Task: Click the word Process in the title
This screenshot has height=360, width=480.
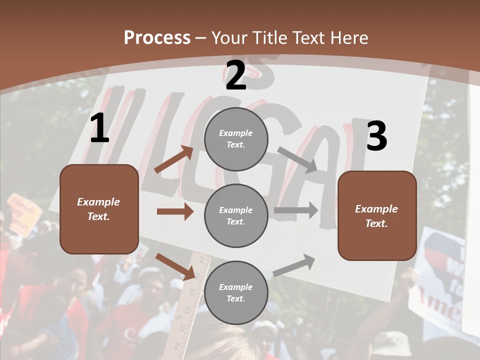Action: click(x=157, y=37)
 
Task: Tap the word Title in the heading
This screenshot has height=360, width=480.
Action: click(x=270, y=37)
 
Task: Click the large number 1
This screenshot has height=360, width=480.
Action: click(x=99, y=129)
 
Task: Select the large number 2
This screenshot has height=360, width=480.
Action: click(x=235, y=75)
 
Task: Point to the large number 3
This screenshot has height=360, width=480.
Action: click(x=376, y=136)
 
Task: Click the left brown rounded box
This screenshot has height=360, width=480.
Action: click(x=99, y=209)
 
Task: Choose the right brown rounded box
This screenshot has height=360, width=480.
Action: click(x=377, y=215)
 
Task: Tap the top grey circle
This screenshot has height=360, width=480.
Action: click(x=236, y=139)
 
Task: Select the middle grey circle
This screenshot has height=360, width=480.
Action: click(x=236, y=215)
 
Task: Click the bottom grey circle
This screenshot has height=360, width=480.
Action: click(x=236, y=292)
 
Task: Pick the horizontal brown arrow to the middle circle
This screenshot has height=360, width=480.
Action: click(x=175, y=211)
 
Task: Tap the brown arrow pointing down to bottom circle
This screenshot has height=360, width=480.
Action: click(x=176, y=266)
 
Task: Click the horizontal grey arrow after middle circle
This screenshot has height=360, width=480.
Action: click(x=296, y=210)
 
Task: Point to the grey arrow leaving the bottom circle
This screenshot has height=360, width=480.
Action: click(x=294, y=265)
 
